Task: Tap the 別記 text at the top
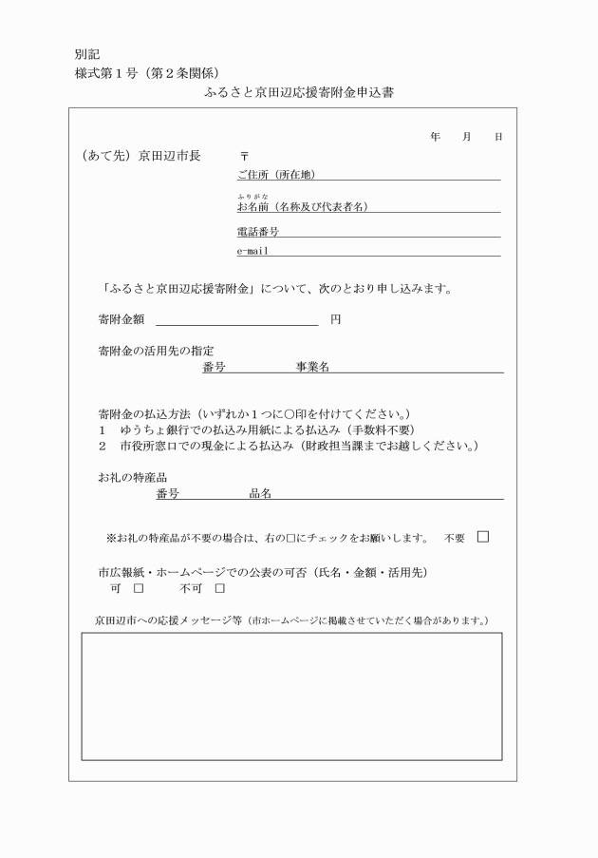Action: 86,54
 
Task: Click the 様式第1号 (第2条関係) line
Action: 147,73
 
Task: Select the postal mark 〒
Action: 244,155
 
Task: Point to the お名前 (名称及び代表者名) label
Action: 302,206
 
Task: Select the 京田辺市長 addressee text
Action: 170,155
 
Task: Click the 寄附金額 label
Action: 121,319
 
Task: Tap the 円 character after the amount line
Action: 335,319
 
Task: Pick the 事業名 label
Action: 312,367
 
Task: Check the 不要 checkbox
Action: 483,537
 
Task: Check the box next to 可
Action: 138,589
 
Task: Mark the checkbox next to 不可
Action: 219,589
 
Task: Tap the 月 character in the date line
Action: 466,138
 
